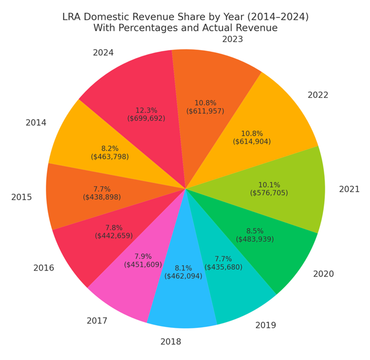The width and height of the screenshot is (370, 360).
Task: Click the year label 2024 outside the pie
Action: [x=103, y=53]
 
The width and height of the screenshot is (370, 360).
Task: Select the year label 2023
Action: [x=232, y=39]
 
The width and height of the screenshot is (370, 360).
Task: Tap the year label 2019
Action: [x=266, y=325]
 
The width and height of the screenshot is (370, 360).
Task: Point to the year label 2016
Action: [x=44, y=268]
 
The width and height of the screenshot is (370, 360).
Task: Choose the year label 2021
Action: [x=349, y=189]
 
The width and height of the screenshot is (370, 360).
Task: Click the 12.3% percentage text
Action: [x=146, y=110]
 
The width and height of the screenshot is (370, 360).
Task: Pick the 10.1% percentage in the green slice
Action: [x=269, y=185]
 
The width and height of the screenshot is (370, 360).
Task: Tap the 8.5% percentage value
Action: [x=255, y=231]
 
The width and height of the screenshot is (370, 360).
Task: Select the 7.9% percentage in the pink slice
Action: [x=143, y=257]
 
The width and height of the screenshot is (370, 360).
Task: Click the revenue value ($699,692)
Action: [x=146, y=119]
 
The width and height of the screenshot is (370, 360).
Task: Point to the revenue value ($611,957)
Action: [x=205, y=111]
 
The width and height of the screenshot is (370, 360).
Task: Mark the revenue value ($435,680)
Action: [x=223, y=267]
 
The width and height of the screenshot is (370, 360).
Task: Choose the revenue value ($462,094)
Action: [x=183, y=276]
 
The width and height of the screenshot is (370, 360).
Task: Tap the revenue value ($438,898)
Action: [x=102, y=197]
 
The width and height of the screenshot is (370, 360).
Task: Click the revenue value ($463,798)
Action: [x=110, y=157]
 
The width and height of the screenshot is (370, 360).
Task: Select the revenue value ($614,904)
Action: [x=252, y=141]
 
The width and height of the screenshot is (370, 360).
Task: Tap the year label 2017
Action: [x=97, y=320]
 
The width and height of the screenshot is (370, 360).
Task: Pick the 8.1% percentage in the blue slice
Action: [x=183, y=268]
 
